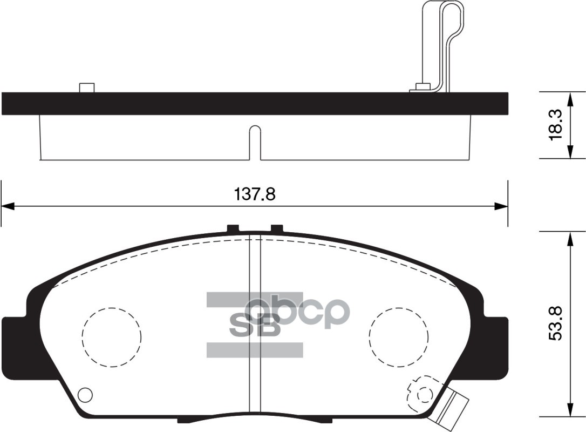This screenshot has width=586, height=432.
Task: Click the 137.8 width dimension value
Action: point(255,194)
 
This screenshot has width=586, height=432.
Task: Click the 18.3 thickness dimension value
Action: point(555,125)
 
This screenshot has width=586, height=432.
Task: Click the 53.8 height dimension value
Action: point(555,323)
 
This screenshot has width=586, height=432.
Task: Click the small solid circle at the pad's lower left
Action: point(85,395)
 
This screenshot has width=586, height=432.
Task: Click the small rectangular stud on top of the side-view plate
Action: point(86,87)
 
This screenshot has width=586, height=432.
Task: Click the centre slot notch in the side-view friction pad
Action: point(255,143)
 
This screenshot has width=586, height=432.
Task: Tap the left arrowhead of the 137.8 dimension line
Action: point(6,206)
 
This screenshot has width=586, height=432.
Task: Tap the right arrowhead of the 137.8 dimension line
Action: point(502,206)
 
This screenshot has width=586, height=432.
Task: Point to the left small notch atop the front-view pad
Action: point(233,228)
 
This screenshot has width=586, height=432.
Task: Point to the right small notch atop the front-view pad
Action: point(276,228)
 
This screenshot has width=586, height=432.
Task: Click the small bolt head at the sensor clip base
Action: point(423,86)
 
